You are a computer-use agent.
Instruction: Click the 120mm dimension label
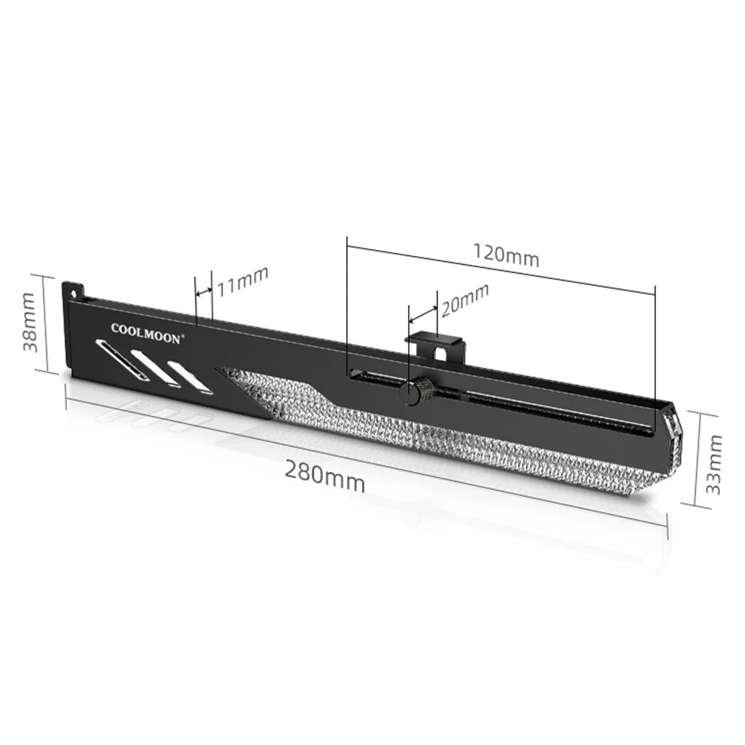click(x=506, y=256)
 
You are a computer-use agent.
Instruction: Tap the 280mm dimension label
click(x=324, y=476)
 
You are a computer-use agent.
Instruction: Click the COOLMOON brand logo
click(x=146, y=333)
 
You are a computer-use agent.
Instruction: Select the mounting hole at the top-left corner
click(x=73, y=287)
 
